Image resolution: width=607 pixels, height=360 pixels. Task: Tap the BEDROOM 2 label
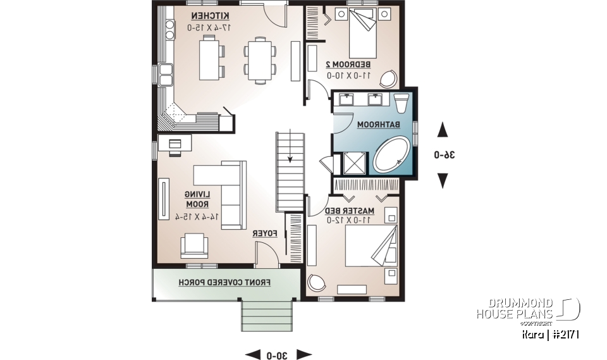coord(348,65)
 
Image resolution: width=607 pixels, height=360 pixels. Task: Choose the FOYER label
coord(266,234)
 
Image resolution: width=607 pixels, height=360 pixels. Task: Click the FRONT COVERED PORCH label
coord(225,282)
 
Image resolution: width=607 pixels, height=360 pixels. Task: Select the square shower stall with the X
coord(354,163)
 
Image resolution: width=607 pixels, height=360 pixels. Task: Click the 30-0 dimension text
coord(278,354)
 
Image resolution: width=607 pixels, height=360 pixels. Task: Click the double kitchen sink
coord(166,74)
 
